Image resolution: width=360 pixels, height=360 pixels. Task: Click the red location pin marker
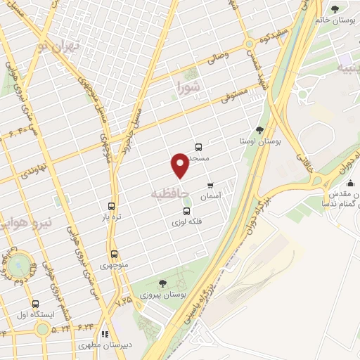180,165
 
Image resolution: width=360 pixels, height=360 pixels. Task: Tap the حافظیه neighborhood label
169,191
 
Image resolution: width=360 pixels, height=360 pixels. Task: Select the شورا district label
189,89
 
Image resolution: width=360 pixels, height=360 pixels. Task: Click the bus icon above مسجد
199,148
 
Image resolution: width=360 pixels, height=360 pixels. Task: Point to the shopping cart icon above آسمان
210,186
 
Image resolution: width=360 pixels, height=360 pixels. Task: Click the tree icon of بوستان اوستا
259,130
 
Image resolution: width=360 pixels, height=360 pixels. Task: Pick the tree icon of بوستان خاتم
334,9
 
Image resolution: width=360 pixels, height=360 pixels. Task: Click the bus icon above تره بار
110,207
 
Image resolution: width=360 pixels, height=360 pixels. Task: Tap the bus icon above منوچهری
114,254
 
